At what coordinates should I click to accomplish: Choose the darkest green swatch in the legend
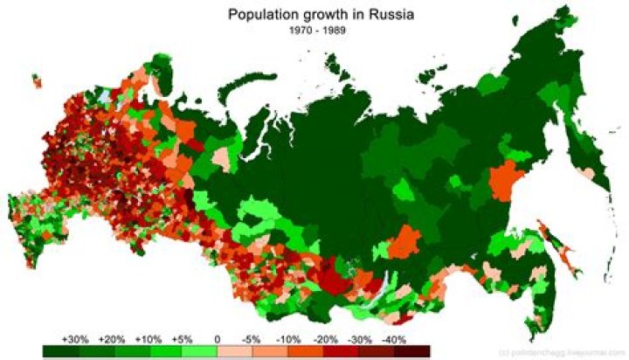pos(58,350)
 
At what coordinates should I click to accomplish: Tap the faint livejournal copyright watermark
pos(573,350)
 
